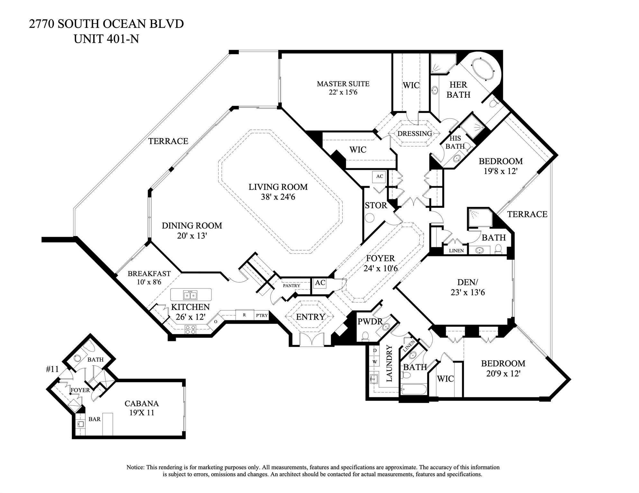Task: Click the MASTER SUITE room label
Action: click(343, 84)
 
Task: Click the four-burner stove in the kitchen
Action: click(190, 329)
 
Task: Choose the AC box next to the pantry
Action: click(320, 283)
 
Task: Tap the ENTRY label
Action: click(310, 317)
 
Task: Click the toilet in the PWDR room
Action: click(365, 336)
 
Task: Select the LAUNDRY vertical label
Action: click(389, 363)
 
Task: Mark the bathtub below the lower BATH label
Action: click(414, 390)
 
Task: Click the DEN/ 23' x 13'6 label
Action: click(468, 287)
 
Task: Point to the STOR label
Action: click(376, 206)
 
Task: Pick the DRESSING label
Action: click(415, 134)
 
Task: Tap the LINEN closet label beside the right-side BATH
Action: click(456, 251)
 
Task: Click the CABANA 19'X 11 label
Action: click(142, 408)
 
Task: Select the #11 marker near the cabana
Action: click(52, 369)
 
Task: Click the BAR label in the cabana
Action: click(95, 419)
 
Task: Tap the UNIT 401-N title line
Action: click(106, 39)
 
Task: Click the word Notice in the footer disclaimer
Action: click(135, 467)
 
